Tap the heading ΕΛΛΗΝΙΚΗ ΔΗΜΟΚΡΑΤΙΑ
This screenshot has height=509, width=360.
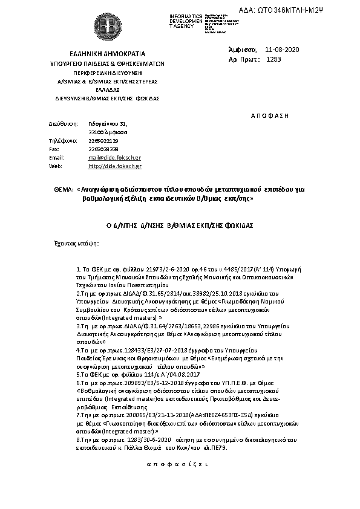point(107,54)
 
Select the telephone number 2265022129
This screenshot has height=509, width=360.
point(103,140)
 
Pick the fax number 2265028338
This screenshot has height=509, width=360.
point(103,148)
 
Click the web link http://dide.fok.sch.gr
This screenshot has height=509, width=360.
point(115,165)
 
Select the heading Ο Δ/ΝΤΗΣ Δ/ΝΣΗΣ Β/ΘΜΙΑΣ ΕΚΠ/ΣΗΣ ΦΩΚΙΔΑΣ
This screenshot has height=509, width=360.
point(179,224)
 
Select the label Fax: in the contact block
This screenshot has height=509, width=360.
point(54,148)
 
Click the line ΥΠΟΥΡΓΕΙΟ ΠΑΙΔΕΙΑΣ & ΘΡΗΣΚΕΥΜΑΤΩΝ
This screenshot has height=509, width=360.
point(107,63)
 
